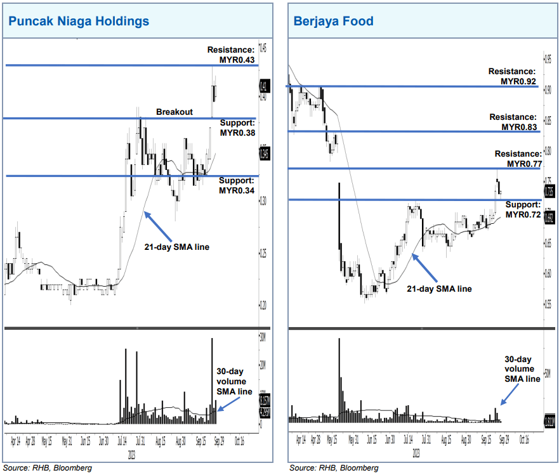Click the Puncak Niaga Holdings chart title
[79, 21]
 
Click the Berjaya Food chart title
[333, 21]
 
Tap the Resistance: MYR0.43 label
[231, 55]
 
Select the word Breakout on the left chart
[174, 112]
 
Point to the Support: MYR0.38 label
[237, 128]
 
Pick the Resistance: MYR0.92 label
[512, 77]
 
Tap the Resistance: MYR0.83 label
[513, 122]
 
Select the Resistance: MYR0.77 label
[518, 159]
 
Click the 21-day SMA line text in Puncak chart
[177, 246]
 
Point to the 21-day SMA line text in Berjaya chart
[440, 289]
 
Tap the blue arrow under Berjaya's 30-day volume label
[508, 393]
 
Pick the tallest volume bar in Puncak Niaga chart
[212, 381]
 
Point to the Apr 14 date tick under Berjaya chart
[300, 439]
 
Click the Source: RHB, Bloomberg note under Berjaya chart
[334, 468]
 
